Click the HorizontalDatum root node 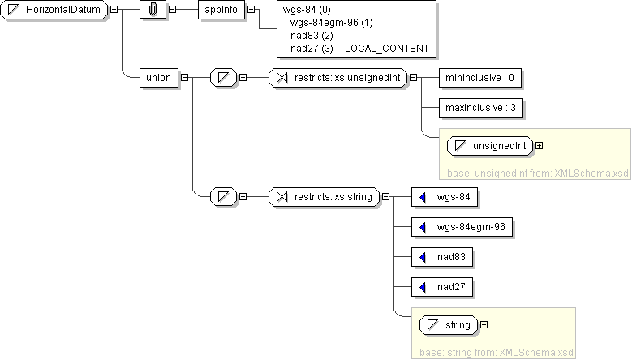pyautogui.click(x=54, y=10)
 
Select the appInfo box pyautogui.click(x=221, y=10)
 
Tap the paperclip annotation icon pyautogui.click(x=153, y=10)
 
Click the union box pyautogui.click(x=158, y=78)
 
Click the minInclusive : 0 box pyautogui.click(x=480, y=78)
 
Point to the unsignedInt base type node pyautogui.click(x=490, y=146)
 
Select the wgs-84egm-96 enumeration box pyautogui.click(x=462, y=227)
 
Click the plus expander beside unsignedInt pyautogui.click(x=539, y=146)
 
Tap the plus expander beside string pyautogui.click(x=484, y=325)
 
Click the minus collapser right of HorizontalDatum pyautogui.click(x=113, y=10)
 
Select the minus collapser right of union pyautogui.click(x=185, y=78)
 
